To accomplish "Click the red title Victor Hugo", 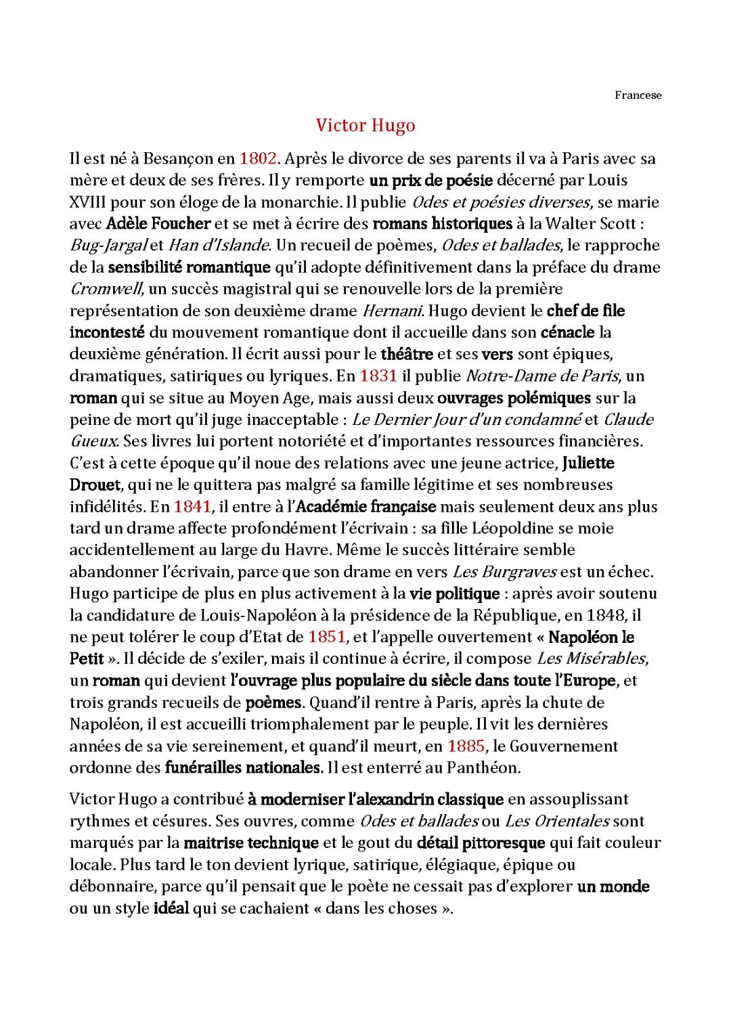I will click(365, 126).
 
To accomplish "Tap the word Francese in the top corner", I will click(638, 95).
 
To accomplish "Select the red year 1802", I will click(258, 158).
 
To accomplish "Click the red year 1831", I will click(378, 376).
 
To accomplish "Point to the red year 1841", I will click(192, 506).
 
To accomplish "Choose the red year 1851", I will click(327, 637).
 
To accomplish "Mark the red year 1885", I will click(466, 746).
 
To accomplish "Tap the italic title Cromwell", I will click(106, 289).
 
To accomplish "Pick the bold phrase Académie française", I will click(366, 506).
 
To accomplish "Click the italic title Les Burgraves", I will click(504, 572).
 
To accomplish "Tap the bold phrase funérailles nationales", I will click(242, 767).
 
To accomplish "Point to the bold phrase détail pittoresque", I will click(481, 842).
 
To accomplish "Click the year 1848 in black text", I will click(610, 615).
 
